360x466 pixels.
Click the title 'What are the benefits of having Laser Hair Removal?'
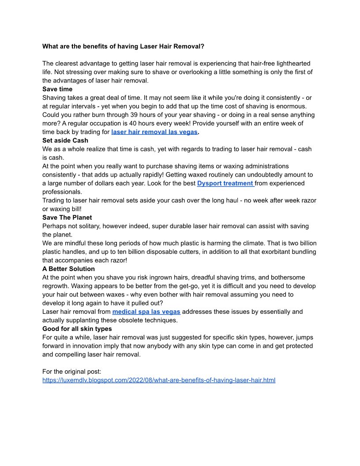tap(123, 46)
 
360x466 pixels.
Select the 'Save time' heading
tap(57, 89)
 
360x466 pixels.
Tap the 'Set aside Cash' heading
tap(65, 140)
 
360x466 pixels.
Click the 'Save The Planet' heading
tap(67, 218)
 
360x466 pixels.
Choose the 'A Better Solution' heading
tap(68, 269)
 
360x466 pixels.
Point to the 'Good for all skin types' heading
tap(77, 329)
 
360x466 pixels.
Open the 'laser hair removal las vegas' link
tap(154, 132)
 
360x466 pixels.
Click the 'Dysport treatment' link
tap(225, 183)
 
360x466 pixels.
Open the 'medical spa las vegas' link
tap(146, 312)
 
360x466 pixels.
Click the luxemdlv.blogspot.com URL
tap(159, 380)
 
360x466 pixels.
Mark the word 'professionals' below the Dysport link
tap(62, 192)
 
